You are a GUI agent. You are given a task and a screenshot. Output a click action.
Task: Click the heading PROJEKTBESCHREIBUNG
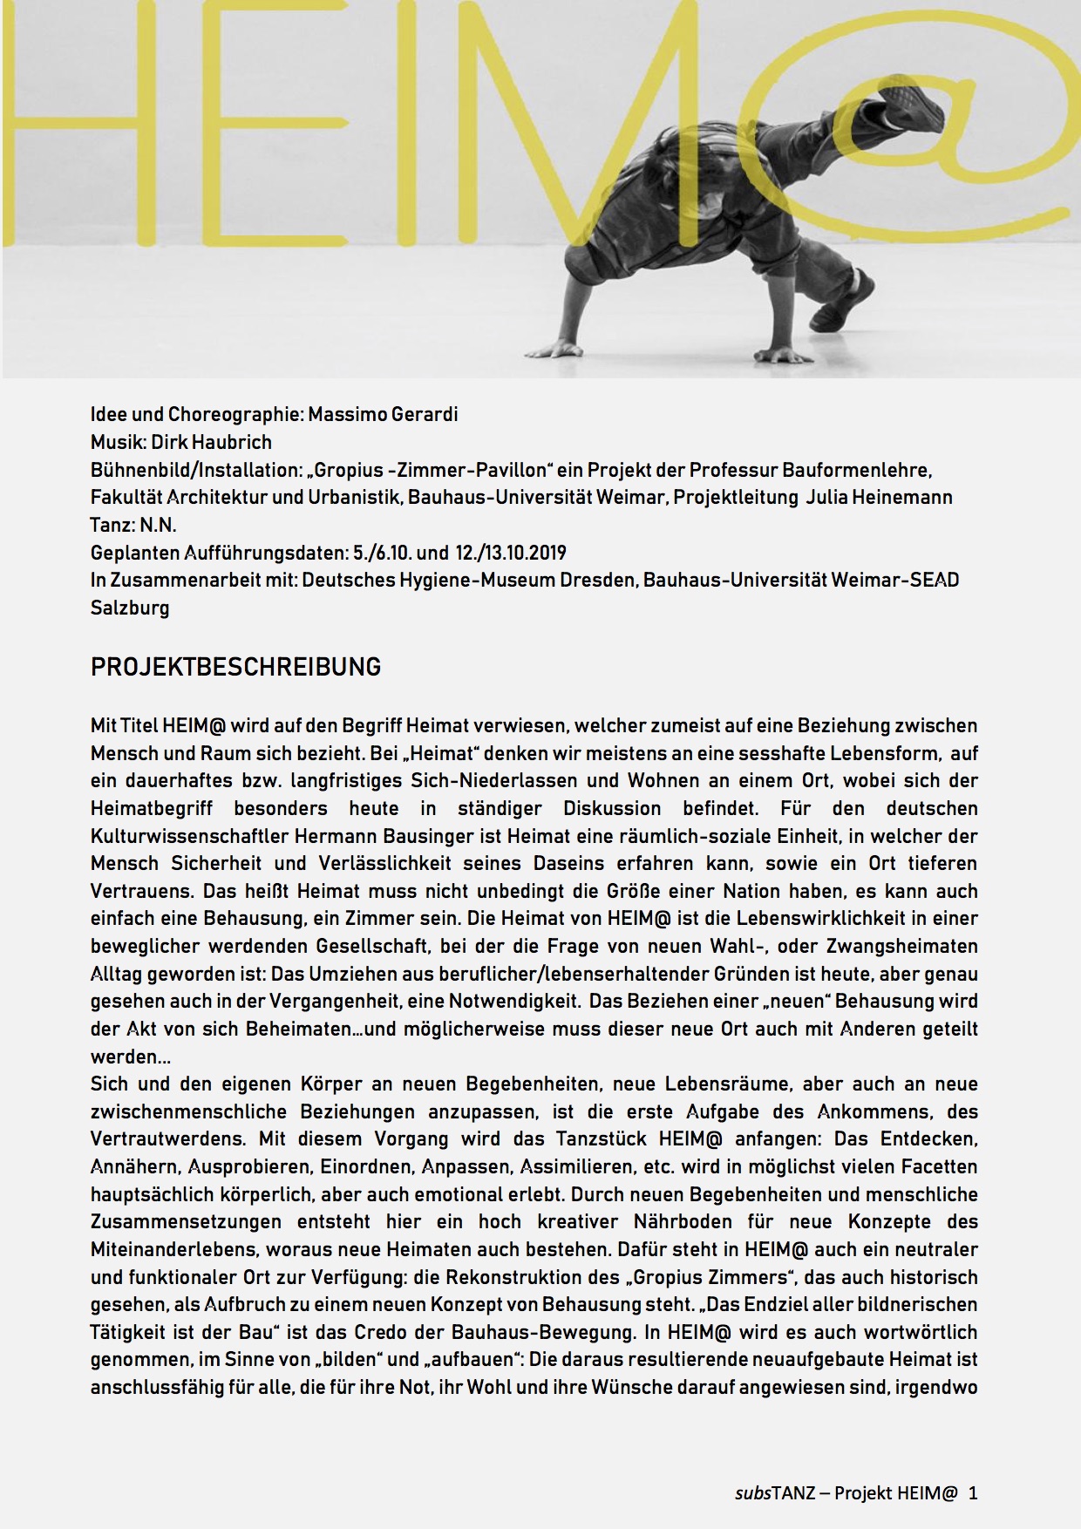click(x=235, y=668)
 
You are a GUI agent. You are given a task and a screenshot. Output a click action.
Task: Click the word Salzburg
click(x=130, y=608)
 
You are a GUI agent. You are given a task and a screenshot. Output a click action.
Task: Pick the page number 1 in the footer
click(x=973, y=1492)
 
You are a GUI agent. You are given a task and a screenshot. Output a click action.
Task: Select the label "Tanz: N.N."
click(x=133, y=525)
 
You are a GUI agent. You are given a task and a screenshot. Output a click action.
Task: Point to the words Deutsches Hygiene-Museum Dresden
click(x=469, y=581)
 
